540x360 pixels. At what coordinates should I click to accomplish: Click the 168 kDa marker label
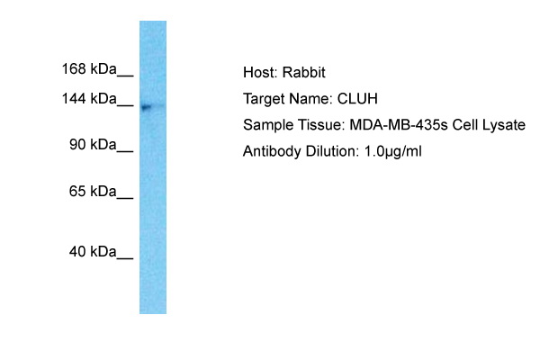(x=89, y=69)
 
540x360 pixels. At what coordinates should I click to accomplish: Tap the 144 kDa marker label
(x=89, y=99)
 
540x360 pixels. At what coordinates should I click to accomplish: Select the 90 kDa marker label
(x=93, y=145)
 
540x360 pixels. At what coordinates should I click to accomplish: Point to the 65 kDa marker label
(x=93, y=191)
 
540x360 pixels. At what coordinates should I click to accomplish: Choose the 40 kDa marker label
(x=93, y=252)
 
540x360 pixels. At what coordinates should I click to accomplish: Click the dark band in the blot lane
(x=147, y=107)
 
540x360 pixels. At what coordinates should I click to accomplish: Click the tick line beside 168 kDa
(x=125, y=76)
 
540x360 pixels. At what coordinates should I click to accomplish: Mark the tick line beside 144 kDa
(x=125, y=105)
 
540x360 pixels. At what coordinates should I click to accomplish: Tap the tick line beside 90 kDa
(x=125, y=151)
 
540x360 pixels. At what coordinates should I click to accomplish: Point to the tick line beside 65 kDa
(x=125, y=198)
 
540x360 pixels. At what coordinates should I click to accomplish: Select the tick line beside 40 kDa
(x=125, y=258)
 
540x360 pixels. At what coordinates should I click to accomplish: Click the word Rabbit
(x=304, y=73)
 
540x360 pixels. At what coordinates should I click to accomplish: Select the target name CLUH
(x=357, y=99)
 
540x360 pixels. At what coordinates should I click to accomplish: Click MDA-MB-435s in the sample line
(x=399, y=125)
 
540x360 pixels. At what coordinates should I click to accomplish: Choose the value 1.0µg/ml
(x=393, y=152)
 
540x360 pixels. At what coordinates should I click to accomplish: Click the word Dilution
(x=332, y=151)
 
